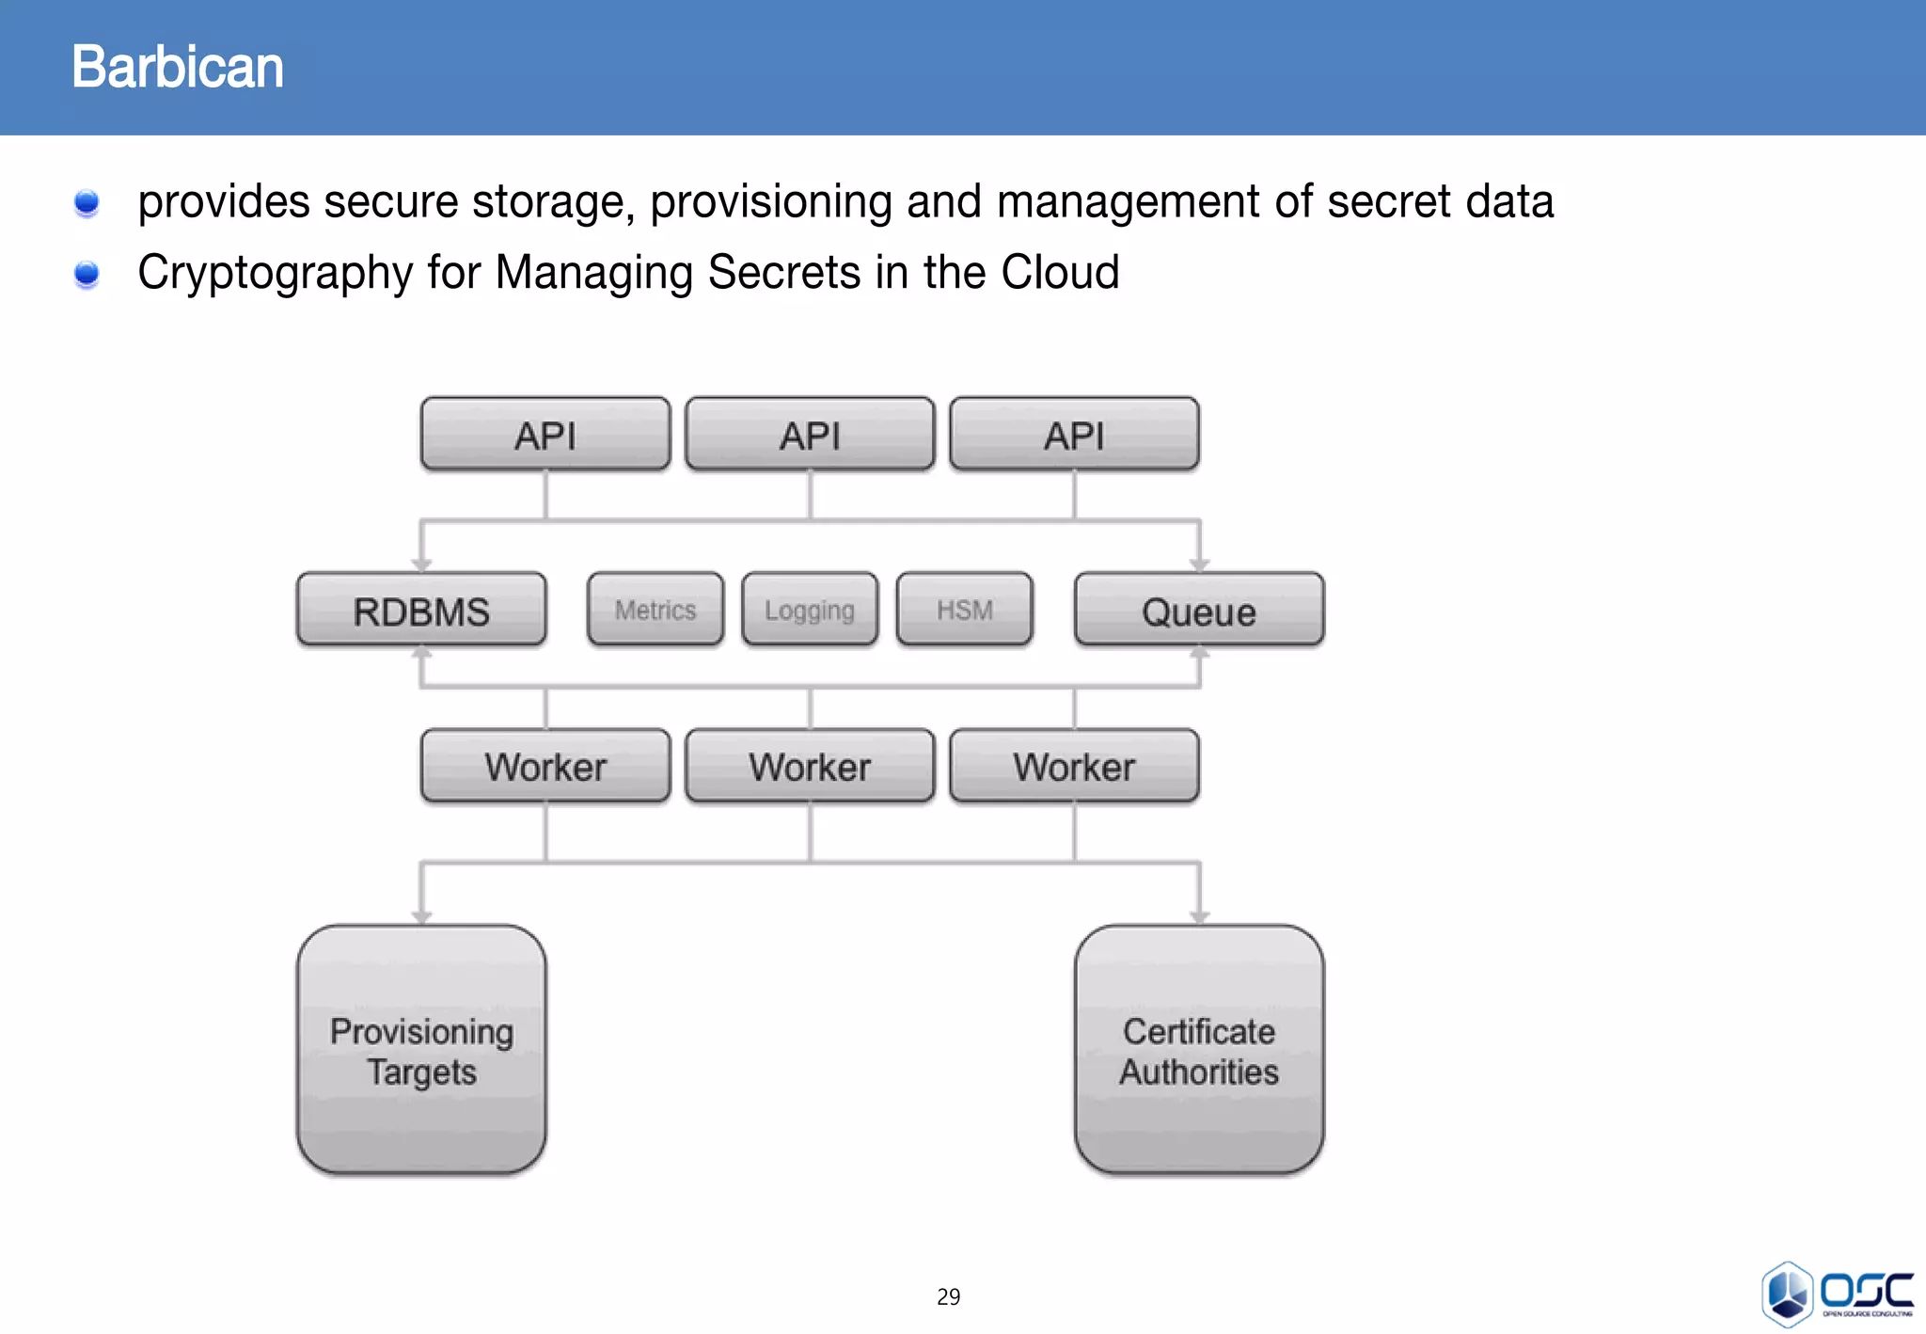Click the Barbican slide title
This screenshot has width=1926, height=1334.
[177, 68]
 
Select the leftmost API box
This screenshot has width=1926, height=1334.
[545, 435]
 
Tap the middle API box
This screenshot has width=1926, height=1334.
[810, 435]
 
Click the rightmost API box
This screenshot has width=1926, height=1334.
[1074, 435]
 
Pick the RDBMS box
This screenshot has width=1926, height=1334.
[421, 611]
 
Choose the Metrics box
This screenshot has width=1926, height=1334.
[655, 610]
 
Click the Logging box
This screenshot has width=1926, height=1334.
[810, 610]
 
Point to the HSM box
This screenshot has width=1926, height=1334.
[965, 610]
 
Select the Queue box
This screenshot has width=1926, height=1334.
[1199, 611]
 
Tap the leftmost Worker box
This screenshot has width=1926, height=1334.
[545, 766]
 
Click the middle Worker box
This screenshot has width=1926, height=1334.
[810, 766]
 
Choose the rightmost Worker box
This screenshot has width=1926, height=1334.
[1074, 766]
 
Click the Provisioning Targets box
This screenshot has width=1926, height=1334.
[421, 1050]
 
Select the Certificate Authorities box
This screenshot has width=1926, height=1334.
[1199, 1050]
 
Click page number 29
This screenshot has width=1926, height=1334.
[948, 1296]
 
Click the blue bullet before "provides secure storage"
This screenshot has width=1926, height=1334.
[87, 202]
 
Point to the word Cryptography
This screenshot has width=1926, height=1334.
[275, 273]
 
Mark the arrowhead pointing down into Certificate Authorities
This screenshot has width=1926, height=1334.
[1199, 916]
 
